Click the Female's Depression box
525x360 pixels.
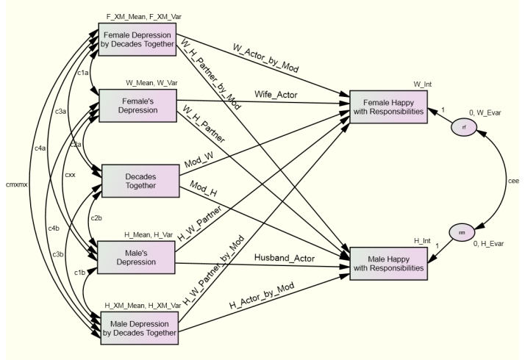[138, 104]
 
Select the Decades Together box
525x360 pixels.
[138, 181]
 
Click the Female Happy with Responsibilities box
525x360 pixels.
[389, 107]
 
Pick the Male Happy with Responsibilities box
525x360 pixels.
[389, 263]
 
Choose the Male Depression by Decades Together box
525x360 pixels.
[138, 326]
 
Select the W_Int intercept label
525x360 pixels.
[423, 84]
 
